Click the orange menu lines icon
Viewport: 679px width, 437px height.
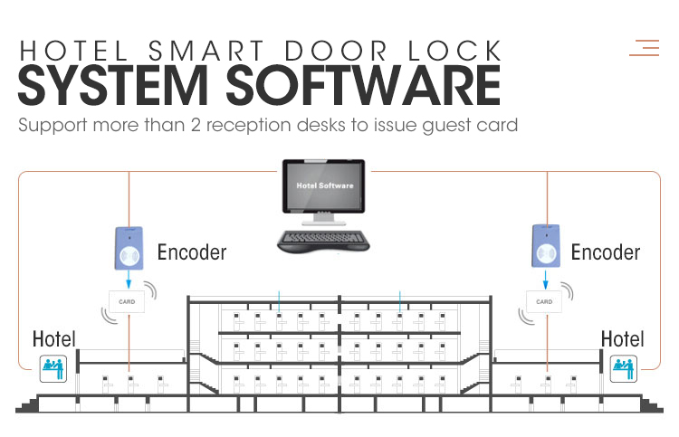(x=645, y=47)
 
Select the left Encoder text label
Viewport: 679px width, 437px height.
(x=192, y=252)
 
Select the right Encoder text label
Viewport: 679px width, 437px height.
(x=606, y=252)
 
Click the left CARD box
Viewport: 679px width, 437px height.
(x=127, y=300)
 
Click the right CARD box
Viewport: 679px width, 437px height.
(x=544, y=300)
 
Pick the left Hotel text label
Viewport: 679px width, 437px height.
(x=54, y=339)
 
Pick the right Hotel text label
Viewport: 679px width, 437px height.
(x=623, y=339)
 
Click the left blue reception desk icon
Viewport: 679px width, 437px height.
(x=54, y=366)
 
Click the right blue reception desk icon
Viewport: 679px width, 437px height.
(x=624, y=366)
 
